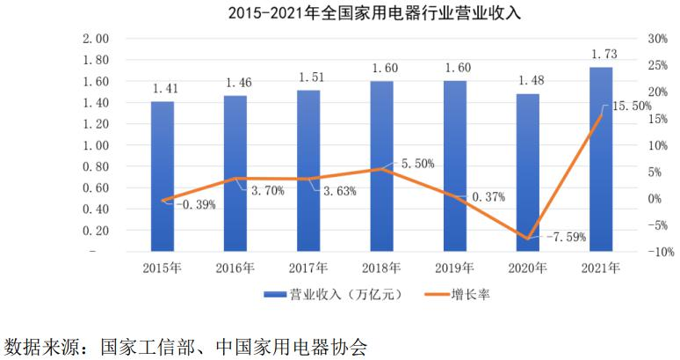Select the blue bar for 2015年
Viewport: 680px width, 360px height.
tap(163, 176)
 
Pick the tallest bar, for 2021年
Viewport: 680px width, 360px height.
tap(601, 158)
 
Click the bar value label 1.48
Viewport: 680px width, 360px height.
tap(528, 80)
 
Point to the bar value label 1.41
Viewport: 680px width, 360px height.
tap(163, 88)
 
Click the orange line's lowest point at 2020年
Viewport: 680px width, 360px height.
tap(528, 239)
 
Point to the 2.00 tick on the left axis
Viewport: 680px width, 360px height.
tap(94, 39)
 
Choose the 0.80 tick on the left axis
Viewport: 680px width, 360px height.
tap(94, 166)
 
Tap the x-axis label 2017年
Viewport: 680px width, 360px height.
tap(308, 268)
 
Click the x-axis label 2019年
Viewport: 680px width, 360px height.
tap(455, 268)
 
